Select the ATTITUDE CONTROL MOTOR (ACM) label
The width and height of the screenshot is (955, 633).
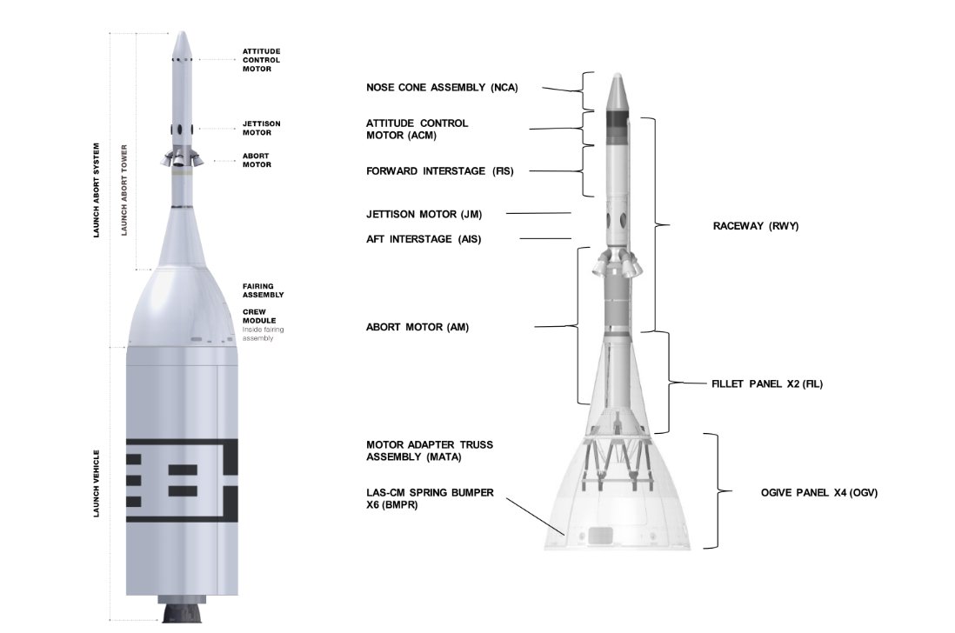(x=417, y=129)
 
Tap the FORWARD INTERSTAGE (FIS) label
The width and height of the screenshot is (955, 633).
(x=439, y=171)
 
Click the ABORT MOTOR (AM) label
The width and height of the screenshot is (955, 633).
(x=417, y=327)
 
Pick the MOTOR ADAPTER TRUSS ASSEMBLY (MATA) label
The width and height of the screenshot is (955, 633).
(x=429, y=450)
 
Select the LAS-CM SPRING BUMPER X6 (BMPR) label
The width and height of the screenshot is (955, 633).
(x=430, y=498)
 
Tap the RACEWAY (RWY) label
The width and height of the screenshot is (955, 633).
(x=755, y=226)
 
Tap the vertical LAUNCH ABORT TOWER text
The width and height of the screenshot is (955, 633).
(x=125, y=190)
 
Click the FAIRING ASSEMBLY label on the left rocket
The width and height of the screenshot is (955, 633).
(x=264, y=290)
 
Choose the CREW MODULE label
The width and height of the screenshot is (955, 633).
(x=260, y=315)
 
